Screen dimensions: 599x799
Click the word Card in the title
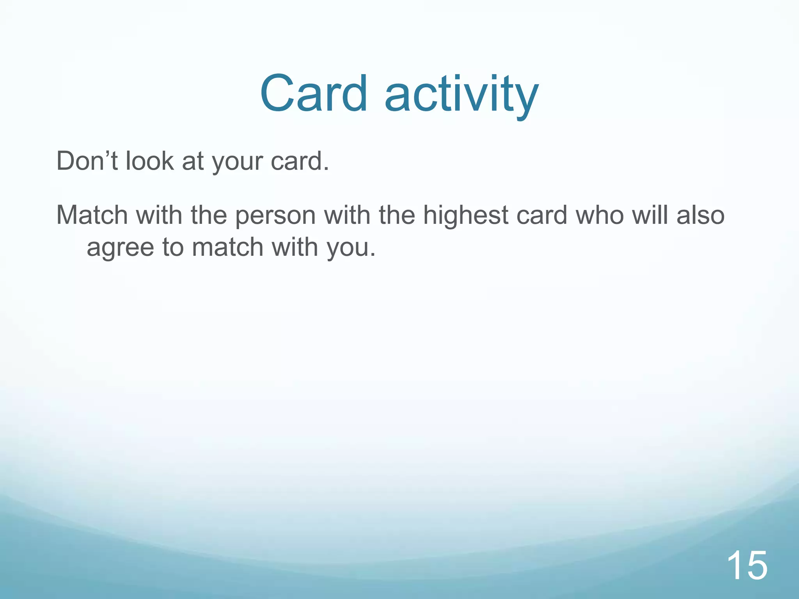tap(313, 94)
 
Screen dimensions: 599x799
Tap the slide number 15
tap(747, 565)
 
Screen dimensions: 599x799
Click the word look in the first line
tap(149, 161)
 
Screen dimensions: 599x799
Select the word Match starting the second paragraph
tap(92, 215)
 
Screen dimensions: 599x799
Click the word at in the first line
tap(193, 161)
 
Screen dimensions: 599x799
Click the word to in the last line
tap(173, 247)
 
